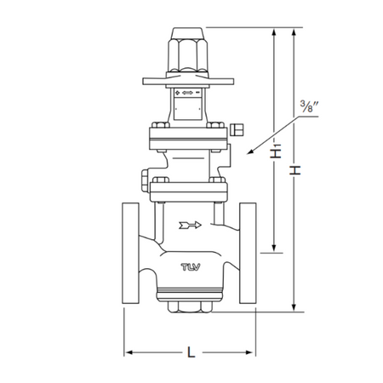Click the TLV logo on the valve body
[x=191, y=267]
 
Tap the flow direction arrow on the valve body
[x=190, y=226]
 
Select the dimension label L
[x=191, y=352]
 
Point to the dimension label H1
[x=276, y=151]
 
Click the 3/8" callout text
[x=309, y=106]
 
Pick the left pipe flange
[x=130, y=253]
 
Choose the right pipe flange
[x=248, y=253]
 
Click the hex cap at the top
[x=188, y=49]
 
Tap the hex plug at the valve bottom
[x=190, y=307]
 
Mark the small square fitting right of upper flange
[x=237, y=129]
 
